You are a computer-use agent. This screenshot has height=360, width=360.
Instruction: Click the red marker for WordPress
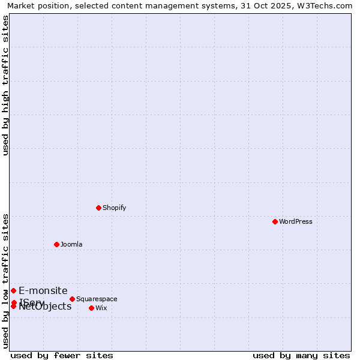pyautogui.click(x=275, y=221)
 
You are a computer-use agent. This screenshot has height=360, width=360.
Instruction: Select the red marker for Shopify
pyautogui.click(x=98, y=208)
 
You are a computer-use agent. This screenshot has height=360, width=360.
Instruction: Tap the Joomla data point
pyautogui.click(x=56, y=244)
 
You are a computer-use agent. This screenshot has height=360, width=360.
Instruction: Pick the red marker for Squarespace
pyautogui.click(x=72, y=299)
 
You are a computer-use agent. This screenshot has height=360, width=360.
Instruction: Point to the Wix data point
pyautogui.click(x=91, y=308)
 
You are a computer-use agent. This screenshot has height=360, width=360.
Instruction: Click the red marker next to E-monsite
pyautogui.click(x=13, y=290)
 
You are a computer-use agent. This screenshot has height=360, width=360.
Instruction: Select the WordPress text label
pyautogui.click(x=296, y=221)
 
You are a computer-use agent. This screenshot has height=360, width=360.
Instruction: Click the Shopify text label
pyautogui.click(x=114, y=208)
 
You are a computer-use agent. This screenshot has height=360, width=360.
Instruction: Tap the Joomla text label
pyautogui.click(x=71, y=244)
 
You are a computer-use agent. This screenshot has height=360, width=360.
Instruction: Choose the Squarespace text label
pyautogui.click(x=97, y=299)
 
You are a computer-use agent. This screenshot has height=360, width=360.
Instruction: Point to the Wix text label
pyautogui.click(x=101, y=308)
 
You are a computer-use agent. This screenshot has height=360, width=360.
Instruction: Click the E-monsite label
pyautogui.click(x=43, y=290)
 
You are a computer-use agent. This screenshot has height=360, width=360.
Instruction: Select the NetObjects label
pyautogui.click(x=46, y=307)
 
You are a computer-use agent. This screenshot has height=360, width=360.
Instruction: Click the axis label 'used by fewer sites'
pyautogui.click(x=62, y=355)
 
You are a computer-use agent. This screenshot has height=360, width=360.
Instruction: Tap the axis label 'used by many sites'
pyautogui.click(x=301, y=355)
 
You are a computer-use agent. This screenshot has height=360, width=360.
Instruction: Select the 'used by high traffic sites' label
pyautogui.click(x=6, y=85)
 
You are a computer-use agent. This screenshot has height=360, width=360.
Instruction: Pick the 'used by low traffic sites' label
pyautogui.click(x=6, y=281)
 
